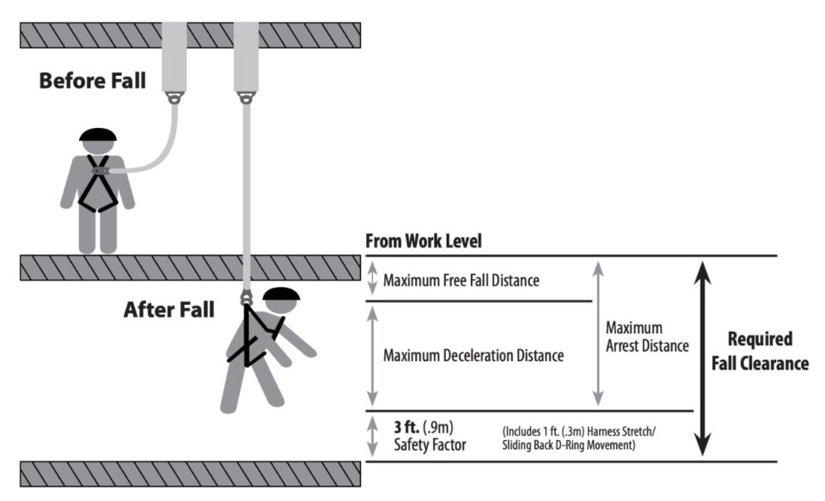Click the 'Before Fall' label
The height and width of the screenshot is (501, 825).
click(x=92, y=82)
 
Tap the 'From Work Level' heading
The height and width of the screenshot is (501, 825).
click(x=424, y=241)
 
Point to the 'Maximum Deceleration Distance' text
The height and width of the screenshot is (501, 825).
click(x=474, y=355)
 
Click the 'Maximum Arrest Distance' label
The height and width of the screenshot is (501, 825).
click(x=646, y=337)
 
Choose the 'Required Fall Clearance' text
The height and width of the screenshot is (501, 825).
click(x=759, y=351)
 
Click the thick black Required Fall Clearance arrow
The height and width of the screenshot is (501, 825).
click(x=703, y=357)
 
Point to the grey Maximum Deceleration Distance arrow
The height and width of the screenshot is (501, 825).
click(x=372, y=356)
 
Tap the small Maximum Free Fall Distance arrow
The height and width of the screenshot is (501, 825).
click(x=372, y=278)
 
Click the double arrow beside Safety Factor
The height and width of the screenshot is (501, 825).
click(x=372, y=436)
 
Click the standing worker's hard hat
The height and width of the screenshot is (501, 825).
click(x=97, y=136)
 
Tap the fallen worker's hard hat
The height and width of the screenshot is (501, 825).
click(x=281, y=295)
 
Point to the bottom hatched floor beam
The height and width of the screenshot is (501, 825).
click(x=190, y=474)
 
